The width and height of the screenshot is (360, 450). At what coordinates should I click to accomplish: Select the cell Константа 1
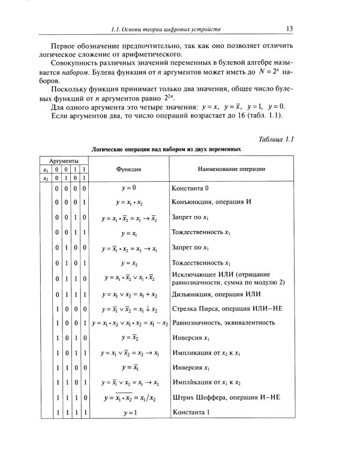pyautogui.click(x=190, y=412)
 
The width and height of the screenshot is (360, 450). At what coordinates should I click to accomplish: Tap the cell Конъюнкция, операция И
pyautogui.click(x=211, y=202)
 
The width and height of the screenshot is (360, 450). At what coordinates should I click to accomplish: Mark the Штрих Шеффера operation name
pyautogui.click(x=225, y=397)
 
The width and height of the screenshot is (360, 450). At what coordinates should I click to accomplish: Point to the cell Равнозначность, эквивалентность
pyautogui.click(x=223, y=323)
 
